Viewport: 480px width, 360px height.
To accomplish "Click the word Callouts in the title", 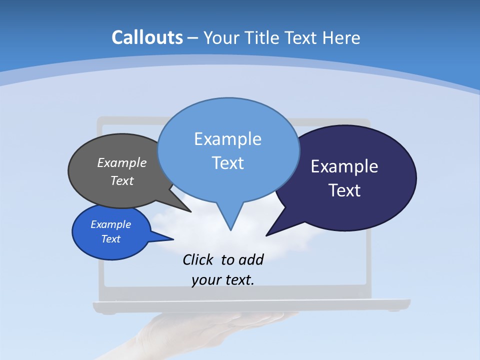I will (x=147, y=37).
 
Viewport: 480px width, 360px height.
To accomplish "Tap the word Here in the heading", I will (x=341, y=37).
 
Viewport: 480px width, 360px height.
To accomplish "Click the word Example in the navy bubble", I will (x=344, y=166).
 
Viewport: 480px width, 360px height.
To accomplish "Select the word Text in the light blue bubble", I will (x=228, y=163).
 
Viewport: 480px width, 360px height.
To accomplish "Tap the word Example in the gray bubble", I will (x=122, y=162).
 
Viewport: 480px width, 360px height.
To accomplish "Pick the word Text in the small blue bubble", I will (x=111, y=239).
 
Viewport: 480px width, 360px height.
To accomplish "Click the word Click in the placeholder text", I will (x=198, y=259).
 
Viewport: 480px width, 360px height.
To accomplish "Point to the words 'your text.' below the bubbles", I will (x=223, y=280).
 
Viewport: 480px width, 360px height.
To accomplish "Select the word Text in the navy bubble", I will (x=345, y=190).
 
